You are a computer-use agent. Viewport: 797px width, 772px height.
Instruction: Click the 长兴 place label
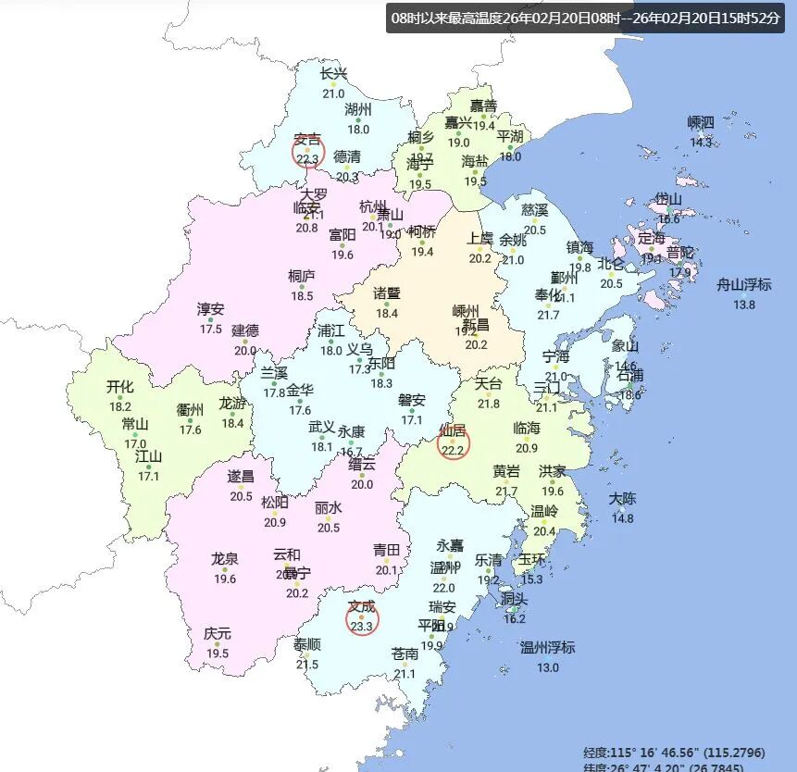pyautogui.click(x=333, y=74)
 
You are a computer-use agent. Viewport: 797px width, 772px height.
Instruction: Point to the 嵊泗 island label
pyautogui.click(x=701, y=122)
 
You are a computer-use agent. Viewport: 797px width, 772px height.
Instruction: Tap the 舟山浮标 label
pyautogui.click(x=743, y=285)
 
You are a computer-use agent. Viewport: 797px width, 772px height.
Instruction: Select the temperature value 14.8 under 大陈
pyautogui.click(x=623, y=518)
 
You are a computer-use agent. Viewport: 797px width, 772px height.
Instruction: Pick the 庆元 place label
pyautogui.click(x=218, y=634)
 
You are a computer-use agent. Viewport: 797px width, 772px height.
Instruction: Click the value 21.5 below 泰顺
pyautogui.click(x=307, y=665)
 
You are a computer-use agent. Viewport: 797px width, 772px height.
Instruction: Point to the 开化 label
pyautogui.click(x=120, y=387)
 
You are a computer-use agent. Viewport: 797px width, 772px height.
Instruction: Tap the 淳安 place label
pyautogui.click(x=210, y=309)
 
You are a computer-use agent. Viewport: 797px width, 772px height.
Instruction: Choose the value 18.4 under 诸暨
pyautogui.click(x=386, y=313)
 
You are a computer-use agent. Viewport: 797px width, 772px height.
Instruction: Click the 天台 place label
pyautogui.click(x=488, y=383)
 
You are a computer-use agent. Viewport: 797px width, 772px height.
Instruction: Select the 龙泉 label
pyautogui.click(x=225, y=558)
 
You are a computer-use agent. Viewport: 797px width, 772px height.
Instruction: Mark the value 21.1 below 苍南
pyautogui.click(x=405, y=673)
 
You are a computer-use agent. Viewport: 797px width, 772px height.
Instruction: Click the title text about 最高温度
pyautogui.click(x=586, y=19)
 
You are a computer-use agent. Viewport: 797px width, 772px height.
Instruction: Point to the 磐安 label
pyautogui.click(x=412, y=400)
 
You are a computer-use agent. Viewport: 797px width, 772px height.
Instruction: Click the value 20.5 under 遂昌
pyautogui.click(x=241, y=496)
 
